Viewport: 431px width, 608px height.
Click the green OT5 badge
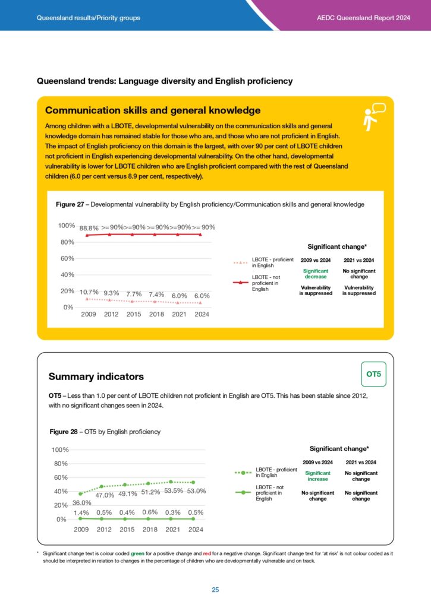[x=373, y=374]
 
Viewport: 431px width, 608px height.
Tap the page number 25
[x=215, y=590]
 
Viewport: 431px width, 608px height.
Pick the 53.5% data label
[x=174, y=491]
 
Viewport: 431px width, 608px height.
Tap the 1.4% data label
[x=81, y=512]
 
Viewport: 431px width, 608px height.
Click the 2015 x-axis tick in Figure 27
[x=134, y=314]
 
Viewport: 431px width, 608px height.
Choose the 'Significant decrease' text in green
[x=316, y=273]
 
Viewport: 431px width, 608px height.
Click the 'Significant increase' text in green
[x=317, y=476]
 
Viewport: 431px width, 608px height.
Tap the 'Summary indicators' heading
[x=96, y=376]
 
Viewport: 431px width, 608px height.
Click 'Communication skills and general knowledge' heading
[x=153, y=110]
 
